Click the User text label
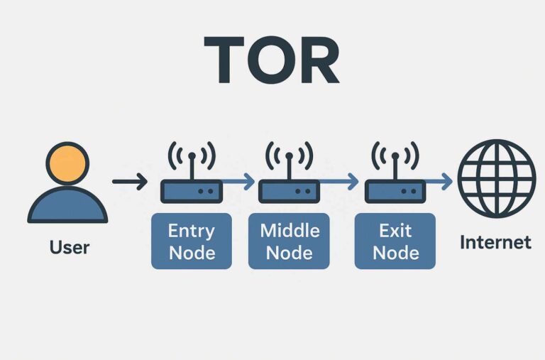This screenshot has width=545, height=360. [70, 247]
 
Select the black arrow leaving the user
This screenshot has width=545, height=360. [129, 182]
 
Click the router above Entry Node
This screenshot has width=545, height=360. [192, 191]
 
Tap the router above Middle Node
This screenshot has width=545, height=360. [288, 191]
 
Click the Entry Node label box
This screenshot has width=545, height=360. [192, 241]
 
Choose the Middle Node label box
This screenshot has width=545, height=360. [289, 241]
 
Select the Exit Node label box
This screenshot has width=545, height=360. [395, 241]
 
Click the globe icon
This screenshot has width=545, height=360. [495, 178]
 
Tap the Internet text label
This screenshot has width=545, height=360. [495, 242]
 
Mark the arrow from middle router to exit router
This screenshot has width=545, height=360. [341, 182]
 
